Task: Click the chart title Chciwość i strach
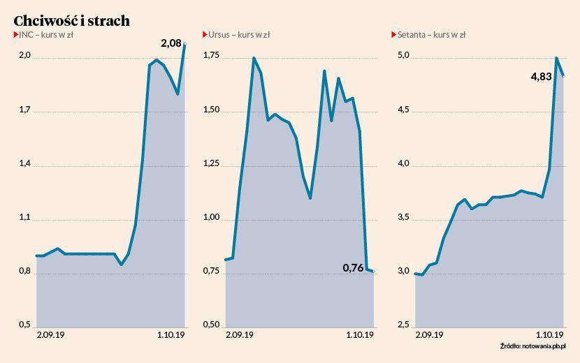point(71,20)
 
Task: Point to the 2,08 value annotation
point(171,43)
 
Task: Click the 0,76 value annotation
point(354,267)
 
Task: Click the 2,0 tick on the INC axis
point(24,56)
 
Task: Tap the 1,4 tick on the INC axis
point(24,164)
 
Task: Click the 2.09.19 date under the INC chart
point(50,335)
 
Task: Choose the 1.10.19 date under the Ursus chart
point(360,335)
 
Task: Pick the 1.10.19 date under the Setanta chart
point(550,335)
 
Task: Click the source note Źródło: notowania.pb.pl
point(533,346)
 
